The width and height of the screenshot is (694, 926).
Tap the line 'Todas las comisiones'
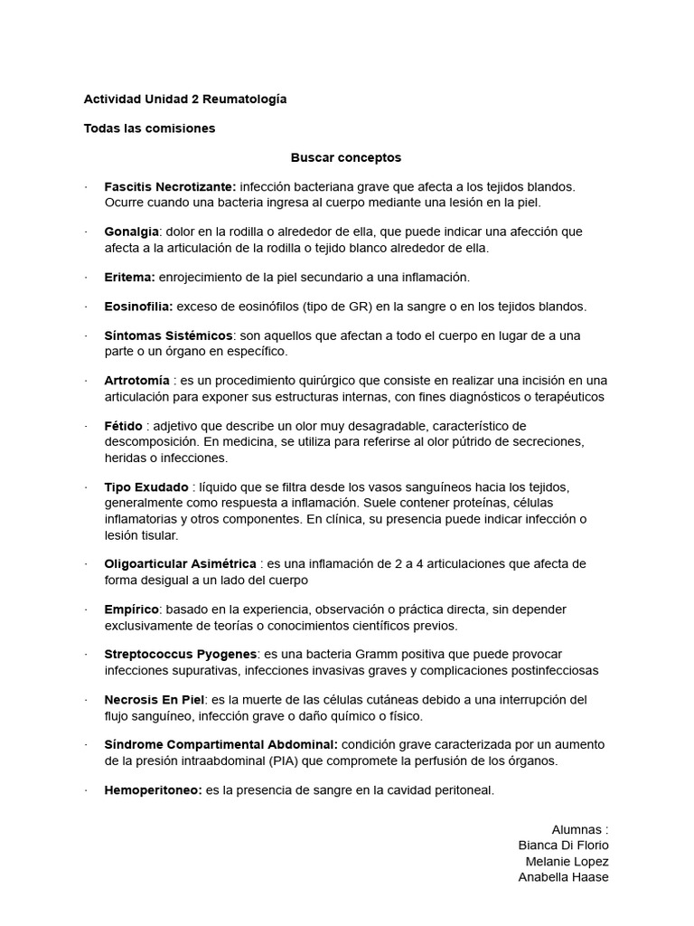149,128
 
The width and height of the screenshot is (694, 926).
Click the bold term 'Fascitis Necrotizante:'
170,186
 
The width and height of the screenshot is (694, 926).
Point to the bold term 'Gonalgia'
131,231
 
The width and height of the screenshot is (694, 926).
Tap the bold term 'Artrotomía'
136,381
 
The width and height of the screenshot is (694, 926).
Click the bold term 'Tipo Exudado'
146,487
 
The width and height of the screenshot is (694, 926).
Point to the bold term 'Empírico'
132,609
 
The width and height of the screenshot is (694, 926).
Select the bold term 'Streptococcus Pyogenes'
181,654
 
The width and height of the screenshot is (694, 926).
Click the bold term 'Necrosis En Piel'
155,700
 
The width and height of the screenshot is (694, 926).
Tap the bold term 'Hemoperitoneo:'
153,790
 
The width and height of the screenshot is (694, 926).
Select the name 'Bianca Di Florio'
563,845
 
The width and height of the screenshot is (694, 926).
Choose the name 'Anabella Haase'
563,877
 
